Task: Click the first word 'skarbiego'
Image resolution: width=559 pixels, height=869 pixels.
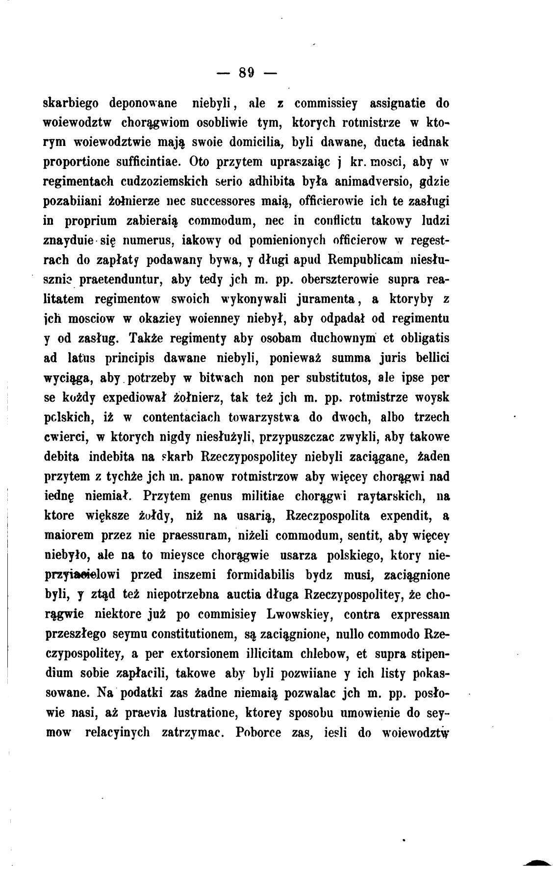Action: click(71, 104)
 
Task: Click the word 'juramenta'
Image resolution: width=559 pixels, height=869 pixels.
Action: click(319, 299)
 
